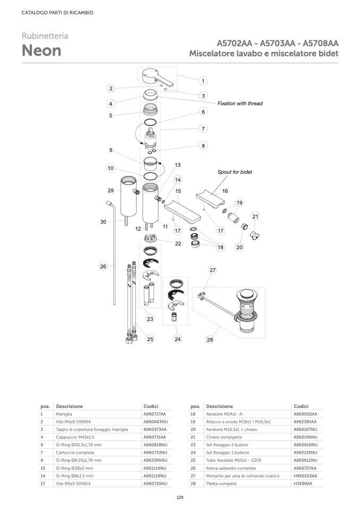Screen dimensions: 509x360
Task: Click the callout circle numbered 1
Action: [203, 81]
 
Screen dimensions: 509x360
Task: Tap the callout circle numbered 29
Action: [111, 190]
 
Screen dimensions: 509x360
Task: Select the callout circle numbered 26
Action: [103, 266]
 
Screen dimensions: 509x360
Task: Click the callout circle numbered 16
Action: [225, 191]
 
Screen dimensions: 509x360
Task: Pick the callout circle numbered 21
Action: [255, 216]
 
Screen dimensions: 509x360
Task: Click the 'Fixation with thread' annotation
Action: [240, 104]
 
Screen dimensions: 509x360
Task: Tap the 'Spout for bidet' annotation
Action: [235, 172]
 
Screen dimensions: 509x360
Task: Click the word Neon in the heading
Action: [41, 50]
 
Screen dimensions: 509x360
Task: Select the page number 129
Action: [180, 497]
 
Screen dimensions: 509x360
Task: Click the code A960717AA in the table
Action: [155, 413]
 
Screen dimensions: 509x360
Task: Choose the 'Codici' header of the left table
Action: [150, 405]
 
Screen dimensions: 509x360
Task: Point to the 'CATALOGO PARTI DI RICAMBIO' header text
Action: [57, 13]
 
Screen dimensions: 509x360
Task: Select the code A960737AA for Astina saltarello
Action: [305, 468]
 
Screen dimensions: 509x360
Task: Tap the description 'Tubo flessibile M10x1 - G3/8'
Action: [232, 460]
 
